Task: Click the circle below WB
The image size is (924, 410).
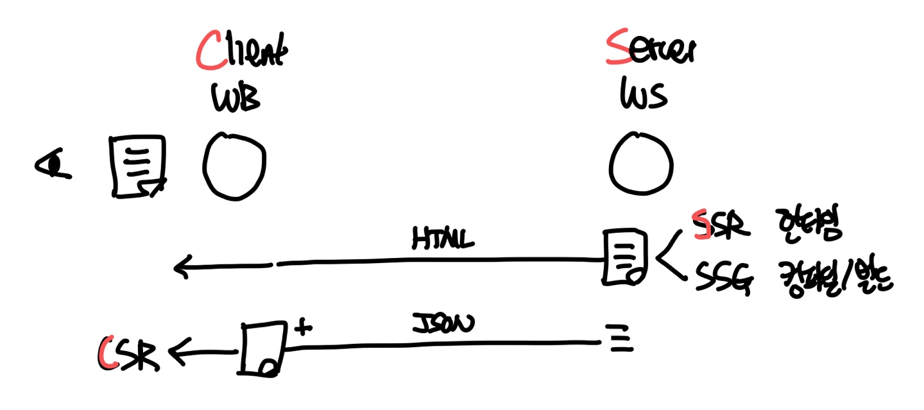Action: click(235, 166)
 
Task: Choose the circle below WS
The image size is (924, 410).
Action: click(641, 166)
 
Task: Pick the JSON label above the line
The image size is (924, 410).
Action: click(443, 322)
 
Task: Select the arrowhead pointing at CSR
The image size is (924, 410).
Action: click(177, 352)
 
